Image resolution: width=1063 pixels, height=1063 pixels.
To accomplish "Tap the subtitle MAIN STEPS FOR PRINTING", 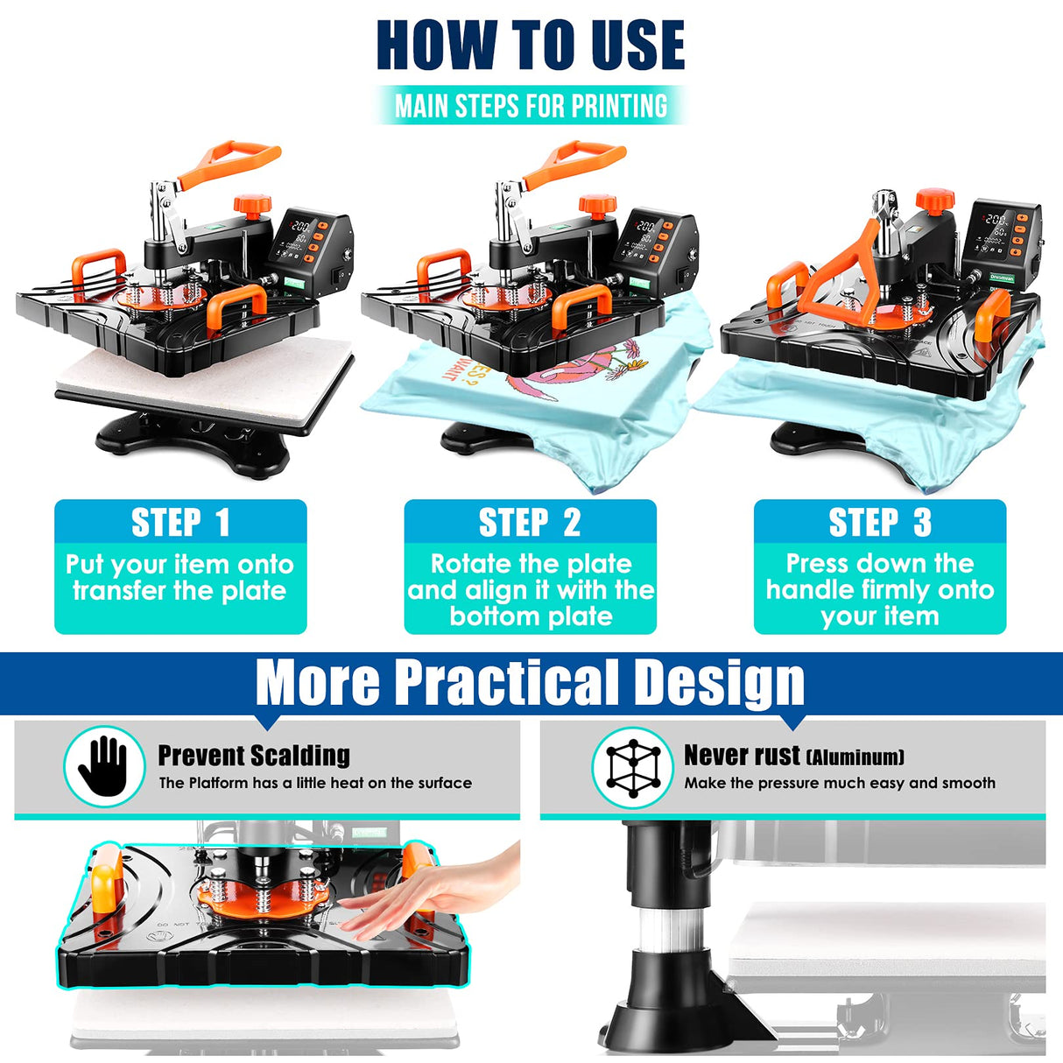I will pos(531,106).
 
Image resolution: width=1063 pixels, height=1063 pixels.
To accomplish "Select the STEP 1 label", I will pos(180,523).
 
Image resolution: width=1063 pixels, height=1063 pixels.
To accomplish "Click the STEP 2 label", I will pos(530,523).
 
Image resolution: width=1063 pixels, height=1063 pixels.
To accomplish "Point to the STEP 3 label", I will pos(880,523).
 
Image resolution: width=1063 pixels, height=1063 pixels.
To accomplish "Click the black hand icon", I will pos(104,766).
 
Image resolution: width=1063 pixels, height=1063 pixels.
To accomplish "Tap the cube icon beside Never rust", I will pos(632,768).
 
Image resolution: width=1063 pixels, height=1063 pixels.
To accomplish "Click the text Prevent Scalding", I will pos(254,755).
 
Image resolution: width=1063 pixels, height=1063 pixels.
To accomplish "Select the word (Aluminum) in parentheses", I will pos(855,757).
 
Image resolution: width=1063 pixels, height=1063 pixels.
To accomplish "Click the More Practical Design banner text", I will pos(531,683).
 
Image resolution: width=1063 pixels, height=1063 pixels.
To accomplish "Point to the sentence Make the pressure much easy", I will pos(840,783).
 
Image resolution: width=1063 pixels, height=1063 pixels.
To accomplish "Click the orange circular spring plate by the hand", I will pos(263,901).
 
